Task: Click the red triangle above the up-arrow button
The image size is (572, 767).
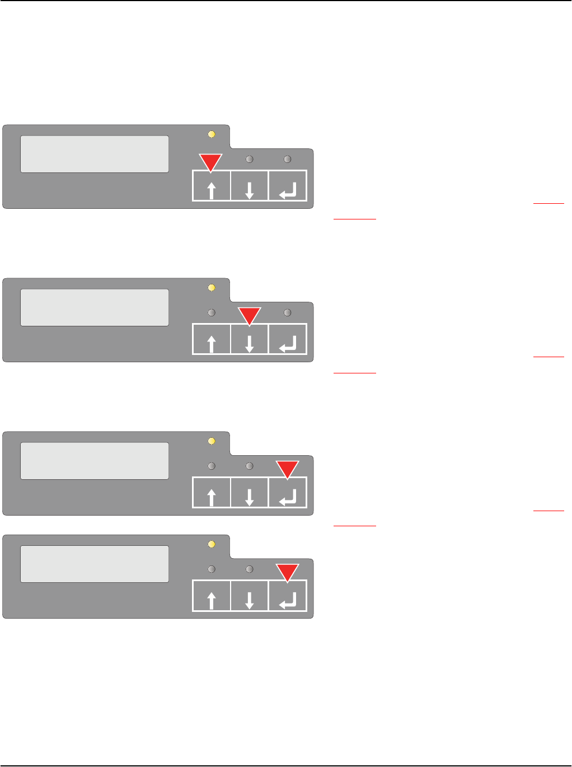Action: pyautogui.click(x=212, y=161)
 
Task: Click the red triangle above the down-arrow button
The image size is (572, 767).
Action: pyautogui.click(x=250, y=315)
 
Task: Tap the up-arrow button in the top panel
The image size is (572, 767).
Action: pyautogui.click(x=212, y=186)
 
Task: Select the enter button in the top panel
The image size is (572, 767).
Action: pyautogui.click(x=288, y=186)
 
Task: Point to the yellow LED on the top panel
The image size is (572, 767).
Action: pyautogui.click(x=212, y=134)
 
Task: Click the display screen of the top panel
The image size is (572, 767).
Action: pyautogui.click(x=95, y=154)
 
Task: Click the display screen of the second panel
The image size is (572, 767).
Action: pyautogui.click(x=95, y=307)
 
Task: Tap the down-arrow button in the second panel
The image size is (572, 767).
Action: pyautogui.click(x=250, y=339)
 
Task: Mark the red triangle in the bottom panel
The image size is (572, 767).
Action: pyautogui.click(x=288, y=571)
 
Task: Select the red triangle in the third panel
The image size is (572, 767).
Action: pyautogui.click(x=288, y=468)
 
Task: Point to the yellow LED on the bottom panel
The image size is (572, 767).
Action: pyautogui.click(x=212, y=544)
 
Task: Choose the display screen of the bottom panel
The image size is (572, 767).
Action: pyautogui.click(x=95, y=564)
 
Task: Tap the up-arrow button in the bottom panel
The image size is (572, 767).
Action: pyautogui.click(x=212, y=596)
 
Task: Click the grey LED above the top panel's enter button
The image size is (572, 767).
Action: pyautogui.click(x=288, y=160)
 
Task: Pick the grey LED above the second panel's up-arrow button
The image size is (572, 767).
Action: pyautogui.click(x=212, y=313)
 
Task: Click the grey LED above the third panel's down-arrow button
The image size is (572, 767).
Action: pyautogui.click(x=250, y=466)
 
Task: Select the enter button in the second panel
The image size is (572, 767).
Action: pyautogui.click(x=288, y=339)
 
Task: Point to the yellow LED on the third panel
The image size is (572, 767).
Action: pyautogui.click(x=212, y=441)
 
